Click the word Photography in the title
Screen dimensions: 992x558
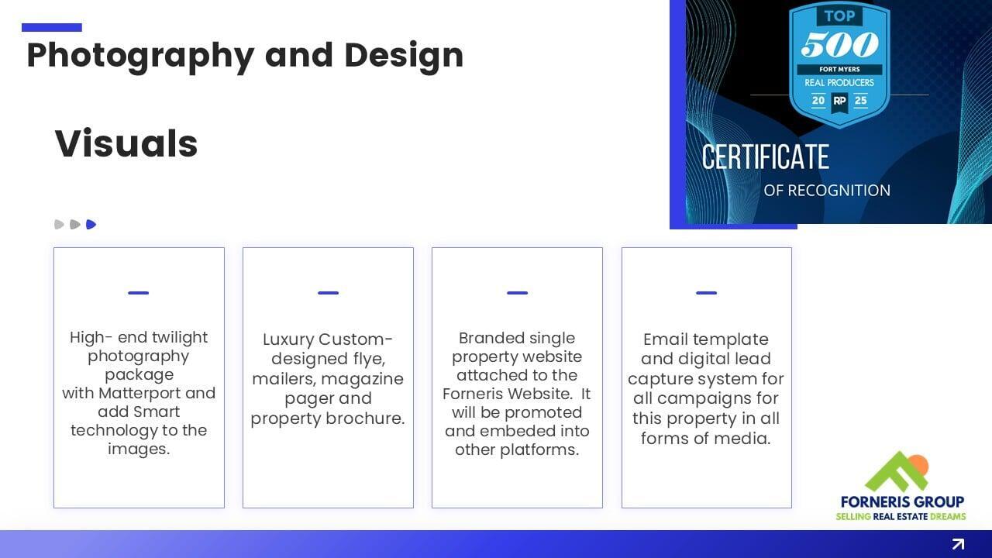tap(140, 57)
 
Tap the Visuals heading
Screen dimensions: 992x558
tap(126, 143)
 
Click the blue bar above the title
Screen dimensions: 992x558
tap(52, 27)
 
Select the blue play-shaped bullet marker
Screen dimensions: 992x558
tap(91, 225)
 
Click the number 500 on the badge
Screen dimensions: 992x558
tap(839, 44)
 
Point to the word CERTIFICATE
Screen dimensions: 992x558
tap(765, 157)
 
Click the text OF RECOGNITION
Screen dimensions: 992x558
tap(827, 191)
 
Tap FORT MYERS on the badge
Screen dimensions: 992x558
tap(839, 70)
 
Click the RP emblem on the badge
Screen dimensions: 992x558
tap(839, 102)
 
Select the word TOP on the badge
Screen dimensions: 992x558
tap(839, 16)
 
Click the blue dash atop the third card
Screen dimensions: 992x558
tap(517, 293)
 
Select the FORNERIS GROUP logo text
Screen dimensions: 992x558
tap(902, 501)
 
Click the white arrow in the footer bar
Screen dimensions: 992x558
tap(958, 544)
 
